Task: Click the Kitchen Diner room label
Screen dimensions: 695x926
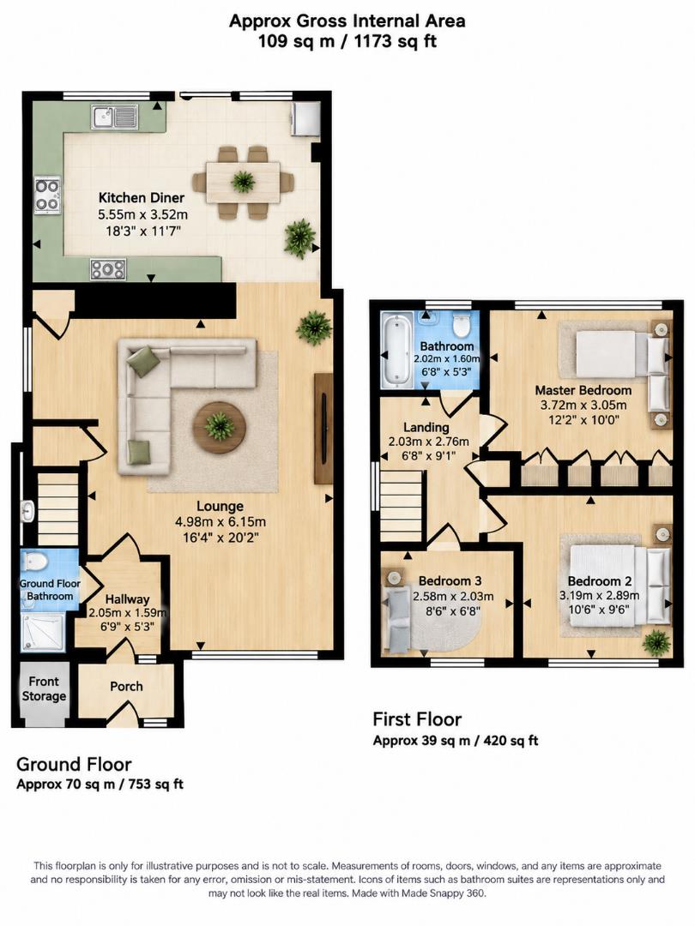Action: point(142,198)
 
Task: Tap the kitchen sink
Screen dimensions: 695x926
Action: point(115,117)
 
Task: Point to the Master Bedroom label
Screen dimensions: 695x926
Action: point(583,390)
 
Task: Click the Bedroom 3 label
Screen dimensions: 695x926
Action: point(450,581)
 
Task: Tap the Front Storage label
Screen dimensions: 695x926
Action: point(44,688)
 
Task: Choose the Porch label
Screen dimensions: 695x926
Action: point(126,686)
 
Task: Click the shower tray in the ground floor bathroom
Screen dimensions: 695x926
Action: point(43,632)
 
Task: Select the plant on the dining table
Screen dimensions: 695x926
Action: point(243,181)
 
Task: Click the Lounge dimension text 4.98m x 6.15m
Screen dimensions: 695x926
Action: point(221,522)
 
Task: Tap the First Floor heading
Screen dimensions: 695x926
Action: point(417,719)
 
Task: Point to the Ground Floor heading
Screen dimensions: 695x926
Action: point(74,764)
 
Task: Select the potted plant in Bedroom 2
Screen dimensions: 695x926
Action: point(656,642)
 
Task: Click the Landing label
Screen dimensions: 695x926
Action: point(426,427)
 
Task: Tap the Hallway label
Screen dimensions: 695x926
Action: point(127,599)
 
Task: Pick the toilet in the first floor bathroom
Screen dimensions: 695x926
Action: point(461,324)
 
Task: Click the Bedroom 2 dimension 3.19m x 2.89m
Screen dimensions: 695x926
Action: point(599,595)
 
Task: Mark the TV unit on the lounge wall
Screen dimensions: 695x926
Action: point(323,428)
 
